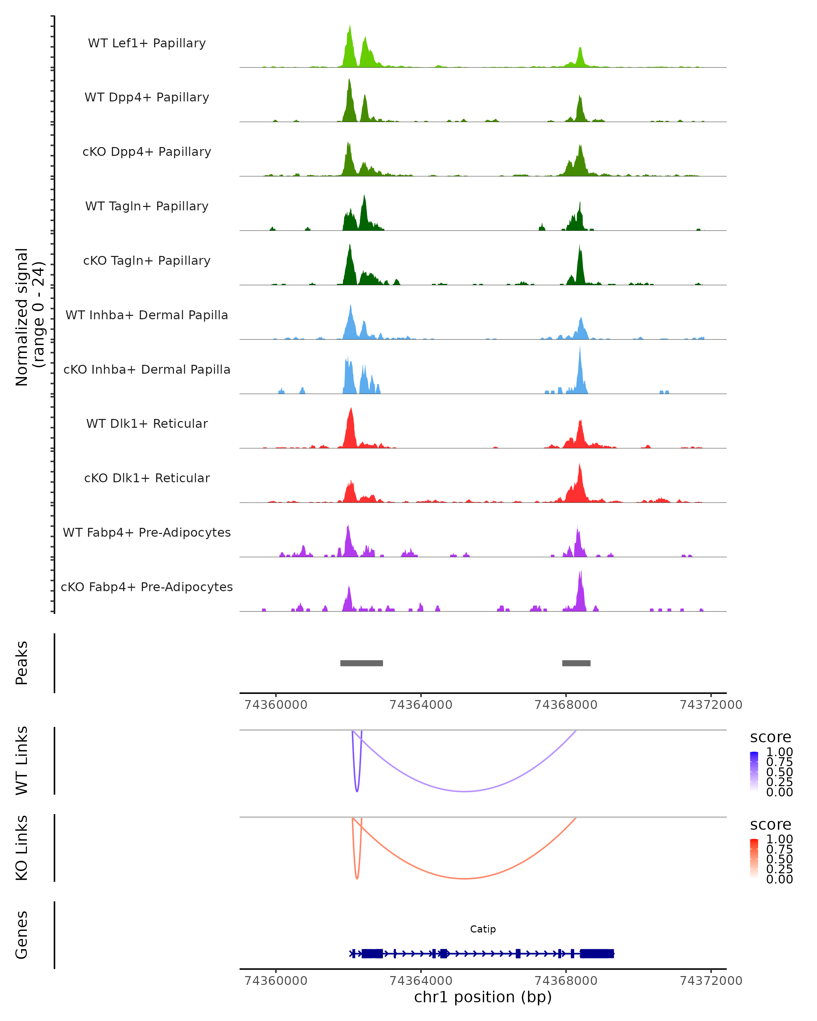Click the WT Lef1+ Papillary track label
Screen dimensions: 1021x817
(x=147, y=43)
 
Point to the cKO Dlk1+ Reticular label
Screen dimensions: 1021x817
(x=147, y=478)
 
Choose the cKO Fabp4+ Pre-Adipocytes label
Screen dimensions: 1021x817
(x=147, y=587)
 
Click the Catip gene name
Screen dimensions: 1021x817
(x=483, y=929)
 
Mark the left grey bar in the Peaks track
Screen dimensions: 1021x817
(x=362, y=663)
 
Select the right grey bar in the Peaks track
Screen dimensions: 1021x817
(x=576, y=663)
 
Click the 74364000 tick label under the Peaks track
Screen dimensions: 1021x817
(x=420, y=705)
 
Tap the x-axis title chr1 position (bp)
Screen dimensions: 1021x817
(x=483, y=997)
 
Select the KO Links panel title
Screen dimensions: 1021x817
(x=22, y=848)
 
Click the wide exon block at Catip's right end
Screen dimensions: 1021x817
(x=597, y=954)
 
